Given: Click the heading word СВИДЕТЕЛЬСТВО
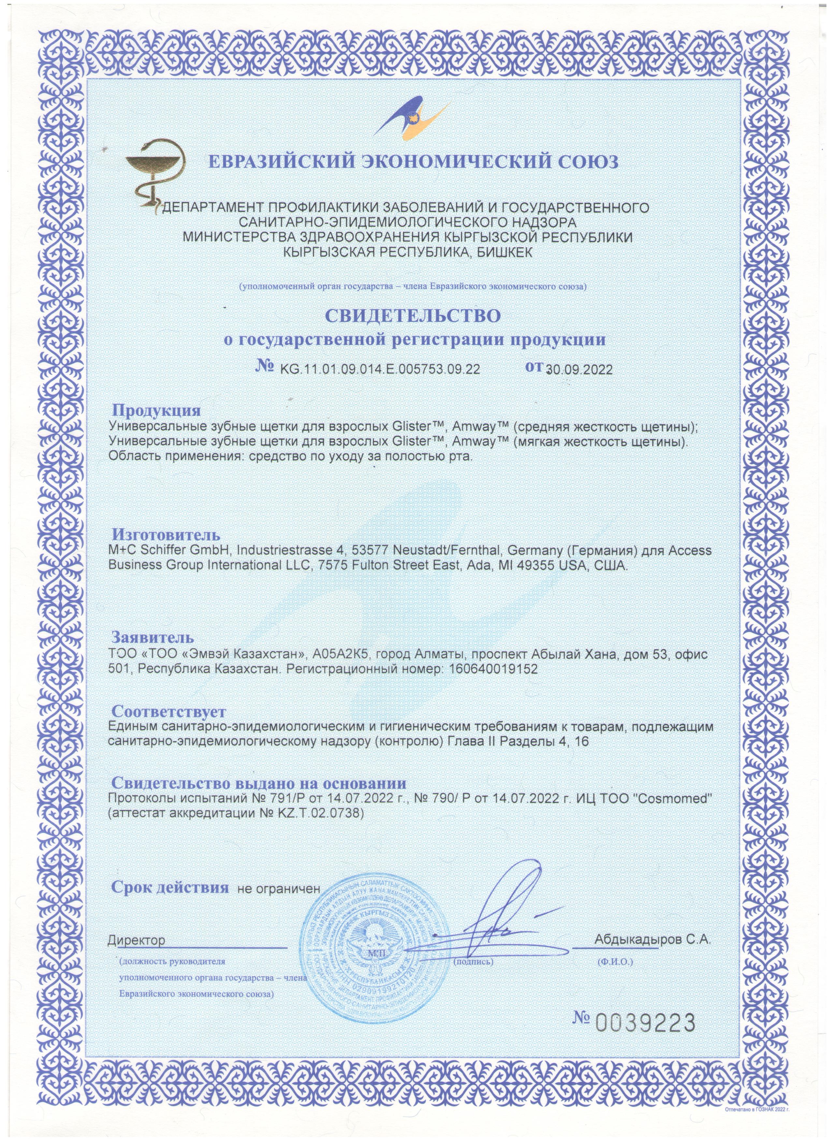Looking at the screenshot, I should tap(414, 315).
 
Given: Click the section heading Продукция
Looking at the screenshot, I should tap(156, 410).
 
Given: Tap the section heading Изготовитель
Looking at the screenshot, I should tap(166, 534).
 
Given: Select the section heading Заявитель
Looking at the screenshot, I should tap(153, 638).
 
